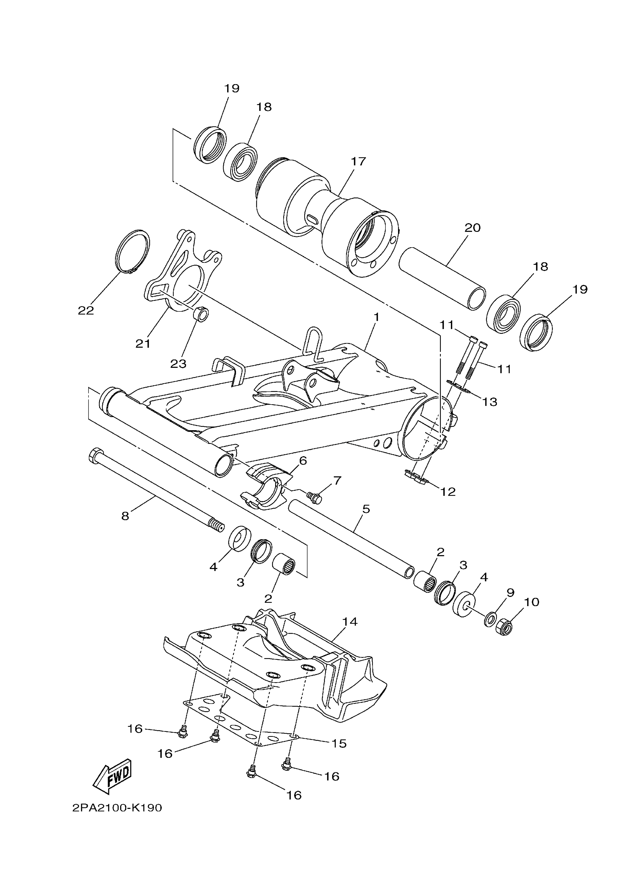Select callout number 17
[358, 161]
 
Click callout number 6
[303, 461]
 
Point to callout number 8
[125, 516]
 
